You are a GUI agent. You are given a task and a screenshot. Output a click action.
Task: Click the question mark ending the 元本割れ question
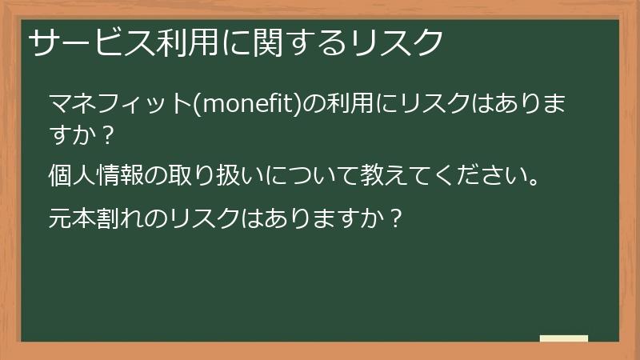[x=391, y=216]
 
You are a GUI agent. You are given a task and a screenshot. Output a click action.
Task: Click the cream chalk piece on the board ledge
[x=564, y=338]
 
